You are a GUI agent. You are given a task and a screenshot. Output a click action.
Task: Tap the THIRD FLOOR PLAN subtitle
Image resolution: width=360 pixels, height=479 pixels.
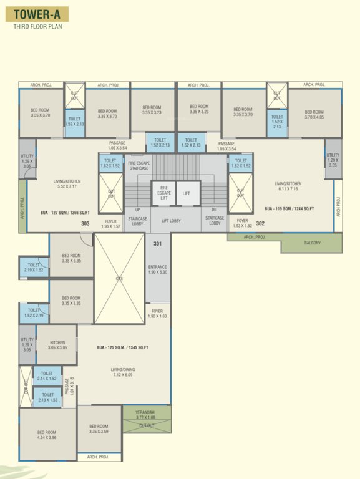[x=38, y=27]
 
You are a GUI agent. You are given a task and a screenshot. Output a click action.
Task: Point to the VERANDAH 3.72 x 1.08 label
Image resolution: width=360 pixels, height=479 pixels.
[x=147, y=414]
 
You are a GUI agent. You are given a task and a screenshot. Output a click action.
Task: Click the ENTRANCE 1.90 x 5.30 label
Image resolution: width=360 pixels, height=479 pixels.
[x=157, y=269]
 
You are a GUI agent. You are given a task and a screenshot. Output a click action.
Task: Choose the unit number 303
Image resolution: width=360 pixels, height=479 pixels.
[x=85, y=223]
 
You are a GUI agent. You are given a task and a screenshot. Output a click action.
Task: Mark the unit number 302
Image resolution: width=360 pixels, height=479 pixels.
[x=260, y=223]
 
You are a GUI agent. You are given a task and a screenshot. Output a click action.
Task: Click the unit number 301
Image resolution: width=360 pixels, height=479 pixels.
[x=157, y=244]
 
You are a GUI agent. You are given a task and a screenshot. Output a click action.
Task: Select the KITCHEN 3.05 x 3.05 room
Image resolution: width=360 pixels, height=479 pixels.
[x=57, y=345]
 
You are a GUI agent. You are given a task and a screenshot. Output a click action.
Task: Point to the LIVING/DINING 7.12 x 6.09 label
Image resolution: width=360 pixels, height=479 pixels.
[x=123, y=372]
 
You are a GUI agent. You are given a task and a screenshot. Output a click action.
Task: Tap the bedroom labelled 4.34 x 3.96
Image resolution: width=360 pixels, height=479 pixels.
[x=47, y=435]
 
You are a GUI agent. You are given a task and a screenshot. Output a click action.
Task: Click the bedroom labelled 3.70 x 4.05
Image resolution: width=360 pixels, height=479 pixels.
[x=314, y=114]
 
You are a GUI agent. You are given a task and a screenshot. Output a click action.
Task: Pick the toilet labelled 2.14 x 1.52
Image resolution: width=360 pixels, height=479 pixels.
[x=47, y=375]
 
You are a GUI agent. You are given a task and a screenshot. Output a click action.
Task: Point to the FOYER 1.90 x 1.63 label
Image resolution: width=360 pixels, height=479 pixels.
[x=157, y=314]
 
